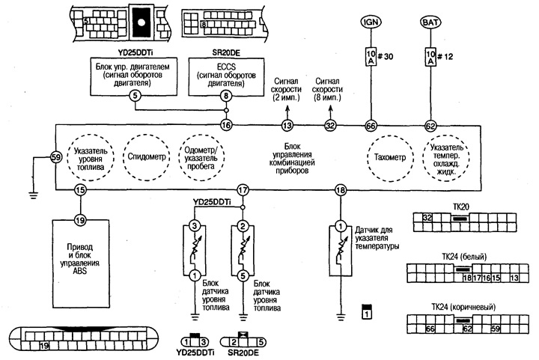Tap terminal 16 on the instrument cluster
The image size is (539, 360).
coord(226,126)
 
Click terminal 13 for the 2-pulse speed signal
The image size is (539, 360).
coord(286,126)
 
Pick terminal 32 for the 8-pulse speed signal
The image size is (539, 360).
coord(330,126)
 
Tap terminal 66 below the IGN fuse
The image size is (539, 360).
coord(370,126)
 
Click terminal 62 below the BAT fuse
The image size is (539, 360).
coord(430,126)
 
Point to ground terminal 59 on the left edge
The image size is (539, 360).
coord(55,158)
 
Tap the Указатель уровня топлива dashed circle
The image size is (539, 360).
coord(88,158)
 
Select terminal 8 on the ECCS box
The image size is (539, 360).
coord(226,95)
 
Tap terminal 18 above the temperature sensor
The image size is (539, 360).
coord(341,191)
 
